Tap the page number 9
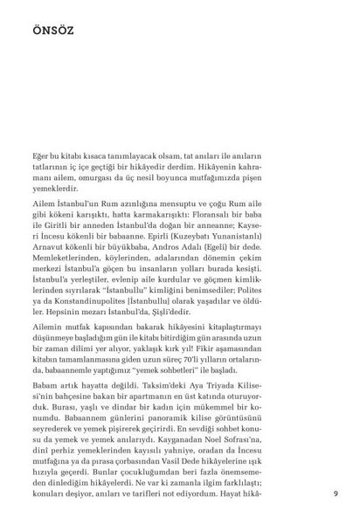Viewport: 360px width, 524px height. click(336, 491)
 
